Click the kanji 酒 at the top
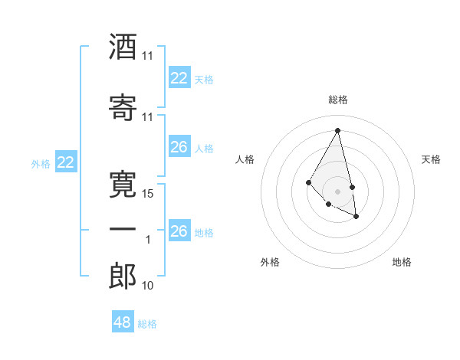click(x=123, y=47)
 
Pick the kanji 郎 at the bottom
click(x=123, y=277)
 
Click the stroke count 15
click(x=148, y=194)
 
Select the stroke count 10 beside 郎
click(x=148, y=286)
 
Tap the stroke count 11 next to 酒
click(x=148, y=56)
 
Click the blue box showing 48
click(x=122, y=322)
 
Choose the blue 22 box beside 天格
click(x=179, y=78)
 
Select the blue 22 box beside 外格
click(x=66, y=162)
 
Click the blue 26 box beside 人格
click(x=179, y=147)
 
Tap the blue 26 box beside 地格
click(x=179, y=231)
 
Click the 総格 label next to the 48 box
click(x=147, y=324)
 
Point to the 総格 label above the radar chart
click(x=337, y=100)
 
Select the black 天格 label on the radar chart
click(x=431, y=159)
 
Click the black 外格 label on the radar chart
click(x=270, y=262)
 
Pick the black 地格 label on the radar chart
click(x=402, y=262)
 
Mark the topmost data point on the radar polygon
click(x=337, y=130)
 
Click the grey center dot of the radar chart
click(x=337, y=191)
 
